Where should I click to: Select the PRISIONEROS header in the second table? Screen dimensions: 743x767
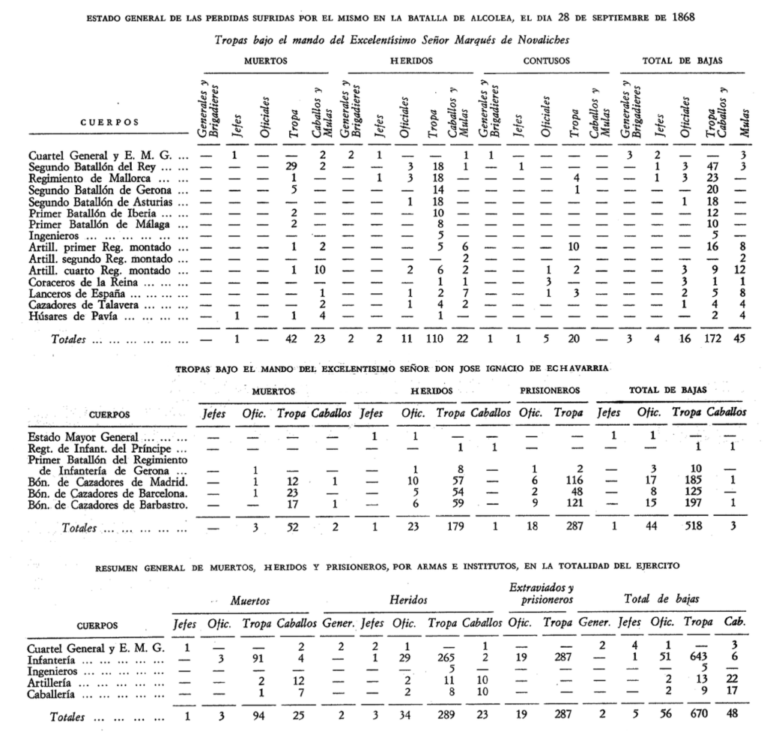[548, 391]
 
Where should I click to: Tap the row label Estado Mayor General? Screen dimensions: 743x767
[82, 436]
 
